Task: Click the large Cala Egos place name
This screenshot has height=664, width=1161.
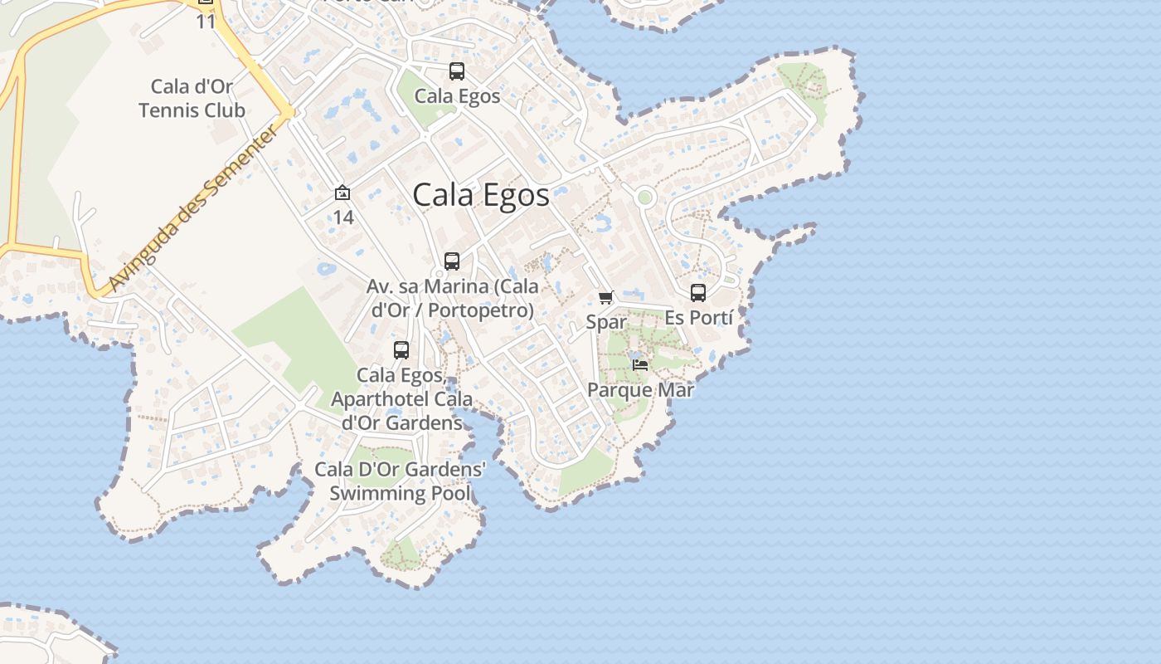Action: pyautogui.click(x=481, y=195)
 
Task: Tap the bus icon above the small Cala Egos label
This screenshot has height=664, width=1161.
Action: pyautogui.click(x=457, y=71)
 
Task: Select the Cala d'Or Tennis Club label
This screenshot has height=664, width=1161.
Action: pyautogui.click(x=192, y=98)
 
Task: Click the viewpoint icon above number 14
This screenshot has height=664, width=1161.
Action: pyautogui.click(x=342, y=193)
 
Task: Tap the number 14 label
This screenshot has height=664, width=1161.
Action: pyautogui.click(x=343, y=217)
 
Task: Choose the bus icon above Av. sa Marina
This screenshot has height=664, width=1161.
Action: pyautogui.click(x=452, y=261)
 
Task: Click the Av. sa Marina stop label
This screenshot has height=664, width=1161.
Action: pyautogui.click(x=452, y=298)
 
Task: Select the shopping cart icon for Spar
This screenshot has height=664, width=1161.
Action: pyautogui.click(x=606, y=297)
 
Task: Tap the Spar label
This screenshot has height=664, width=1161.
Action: pyautogui.click(x=606, y=322)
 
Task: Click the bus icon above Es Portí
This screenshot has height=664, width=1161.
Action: pyautogui.click(x=698, y=293)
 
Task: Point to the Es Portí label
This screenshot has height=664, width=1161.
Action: pyautogui.click(x=699, y=318)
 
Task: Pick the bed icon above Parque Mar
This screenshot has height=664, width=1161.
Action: pyautogui.click(x=639, y=364)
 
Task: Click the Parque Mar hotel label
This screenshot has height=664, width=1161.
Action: pyautogui.click(x=640, y=389)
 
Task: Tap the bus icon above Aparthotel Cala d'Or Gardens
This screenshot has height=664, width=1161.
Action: pyautogui.click(x=401, y=350)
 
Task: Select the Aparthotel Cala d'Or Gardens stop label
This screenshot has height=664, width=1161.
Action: pyautogui.click(x=401, y=399)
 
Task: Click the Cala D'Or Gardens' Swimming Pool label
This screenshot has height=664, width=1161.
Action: pyautogui.click(x=400, y=481)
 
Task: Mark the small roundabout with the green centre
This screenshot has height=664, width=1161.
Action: pyautogui.click(x=644, y=198)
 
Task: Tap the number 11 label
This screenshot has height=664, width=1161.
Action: pyautogui.click(x=206, y=22)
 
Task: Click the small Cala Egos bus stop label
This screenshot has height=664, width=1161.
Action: pyautogui.click(x=457, y=96)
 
